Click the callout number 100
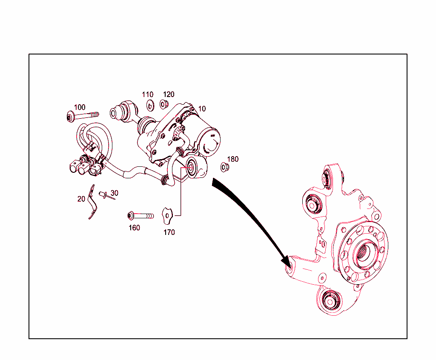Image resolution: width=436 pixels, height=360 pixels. (x=80, y=107)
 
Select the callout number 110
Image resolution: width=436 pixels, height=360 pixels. (x=148, y=94)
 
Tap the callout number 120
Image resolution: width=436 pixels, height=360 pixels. (x=169, y=94)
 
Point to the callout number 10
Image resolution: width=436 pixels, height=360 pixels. (x=202, y=109)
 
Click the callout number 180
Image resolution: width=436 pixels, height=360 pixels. (x=233, y=159)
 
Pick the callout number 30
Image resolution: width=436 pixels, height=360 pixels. (x=114, y=193)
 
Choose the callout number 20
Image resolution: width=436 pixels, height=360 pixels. (x=81, y=199)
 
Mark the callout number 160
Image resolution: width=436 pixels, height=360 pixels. (x=134, y=228)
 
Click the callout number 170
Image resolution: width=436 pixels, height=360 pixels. (x=169, y=232)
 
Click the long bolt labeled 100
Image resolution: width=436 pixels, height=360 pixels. (x=83, y=115)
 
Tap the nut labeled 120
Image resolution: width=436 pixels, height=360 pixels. (x=164, y=104)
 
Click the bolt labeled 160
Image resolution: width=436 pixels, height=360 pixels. (x=140, y=216)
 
